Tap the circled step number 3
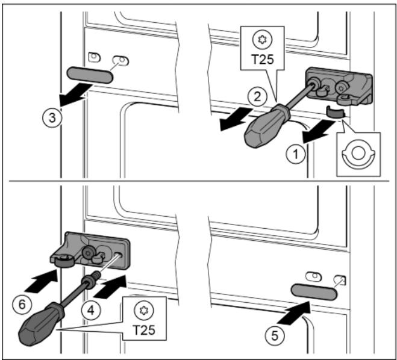(x=54, y=118)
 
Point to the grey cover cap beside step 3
(x=90, y=74)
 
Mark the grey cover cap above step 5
(x=313, y=291)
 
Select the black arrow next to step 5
(x=291, y=315)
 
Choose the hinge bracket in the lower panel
(x=90, y=247)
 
